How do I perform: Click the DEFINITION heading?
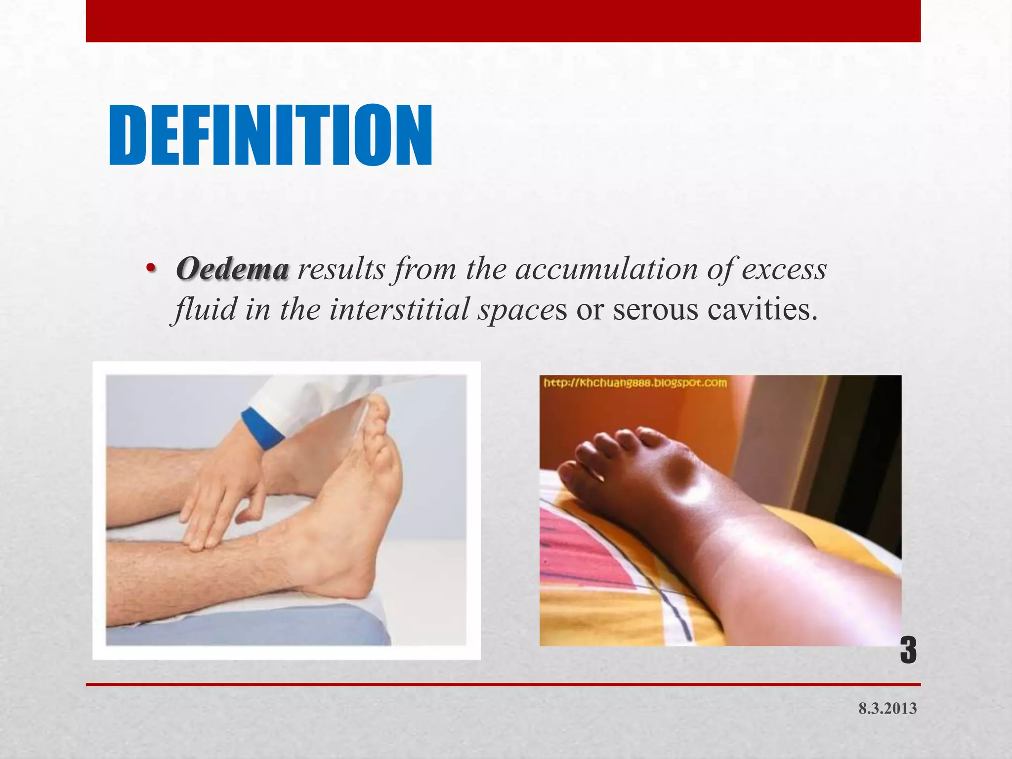coord(270,135)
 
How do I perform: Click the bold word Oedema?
coord(232,270)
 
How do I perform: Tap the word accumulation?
coord(607,270)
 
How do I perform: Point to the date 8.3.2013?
coord(887,709)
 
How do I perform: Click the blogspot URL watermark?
coord(635,383)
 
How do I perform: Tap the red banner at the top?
coord(503,21)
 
